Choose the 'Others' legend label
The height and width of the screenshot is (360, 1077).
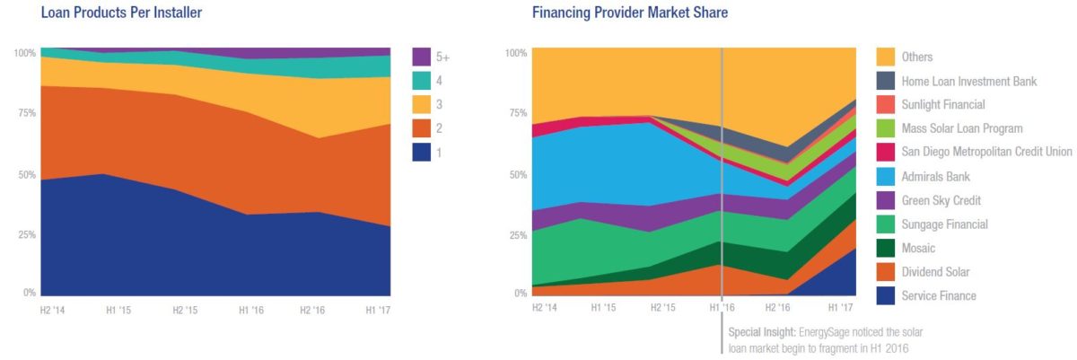point(919,57)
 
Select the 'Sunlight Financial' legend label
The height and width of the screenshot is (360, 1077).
point(943,104)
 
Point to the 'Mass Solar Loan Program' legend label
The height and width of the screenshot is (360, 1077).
point(962,128)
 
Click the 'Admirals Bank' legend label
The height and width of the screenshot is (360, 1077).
point(936,176)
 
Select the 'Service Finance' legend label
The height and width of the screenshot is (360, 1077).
point(939,295)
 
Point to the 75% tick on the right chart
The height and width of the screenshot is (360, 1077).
point(517,114)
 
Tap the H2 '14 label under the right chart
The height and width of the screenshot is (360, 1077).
point(545,308)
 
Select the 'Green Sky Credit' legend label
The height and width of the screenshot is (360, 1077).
point(941,200)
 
